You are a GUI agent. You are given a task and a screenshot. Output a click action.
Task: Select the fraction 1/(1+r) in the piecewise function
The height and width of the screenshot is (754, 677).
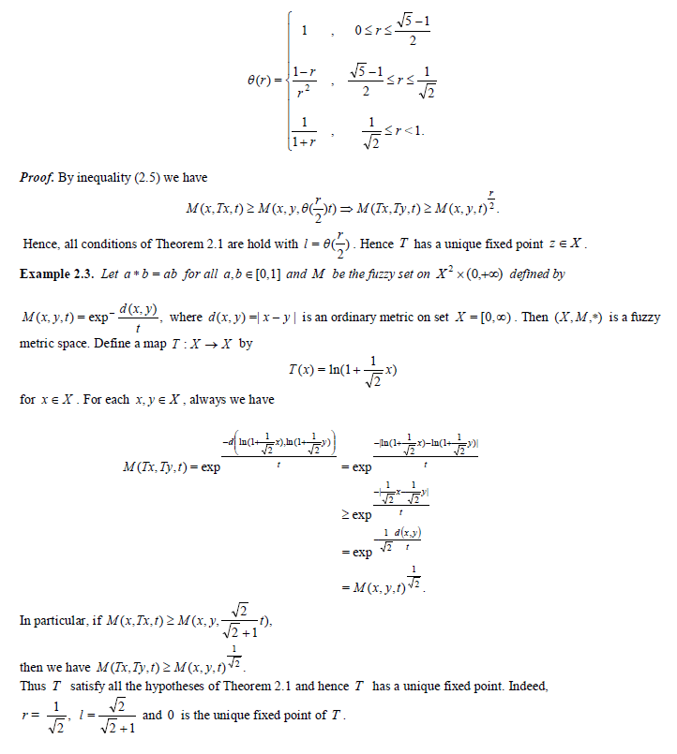point(303,132)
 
